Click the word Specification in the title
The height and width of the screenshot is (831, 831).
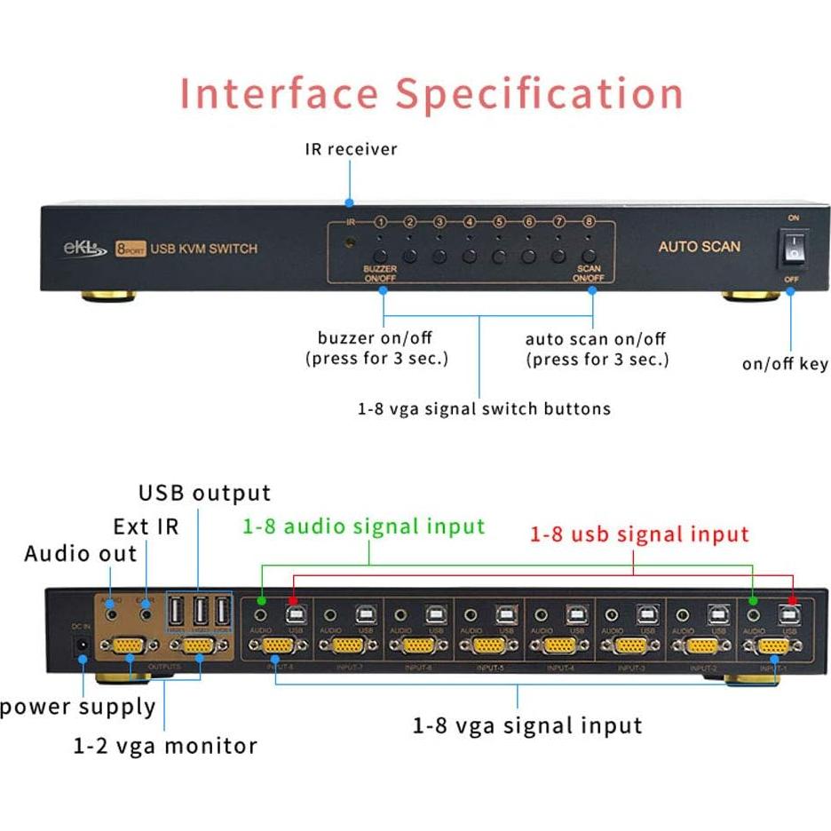click(539, 94)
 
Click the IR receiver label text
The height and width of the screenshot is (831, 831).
click(351, 149)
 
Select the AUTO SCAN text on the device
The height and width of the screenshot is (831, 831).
click(699, 246)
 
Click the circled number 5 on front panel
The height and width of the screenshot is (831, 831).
click(499, 223)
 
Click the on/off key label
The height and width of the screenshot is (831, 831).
click(785, 364)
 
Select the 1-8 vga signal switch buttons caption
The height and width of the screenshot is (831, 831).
click(484, 409)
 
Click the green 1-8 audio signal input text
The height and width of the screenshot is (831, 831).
click(364, 526)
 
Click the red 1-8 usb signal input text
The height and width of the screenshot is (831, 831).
click(639, 534)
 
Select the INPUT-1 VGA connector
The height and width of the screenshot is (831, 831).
click(773, 646)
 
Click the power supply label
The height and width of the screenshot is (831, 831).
click(78, 707)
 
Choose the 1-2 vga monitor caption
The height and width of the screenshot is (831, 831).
click(165, 746)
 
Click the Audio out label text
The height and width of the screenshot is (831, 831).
click(81, 554)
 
